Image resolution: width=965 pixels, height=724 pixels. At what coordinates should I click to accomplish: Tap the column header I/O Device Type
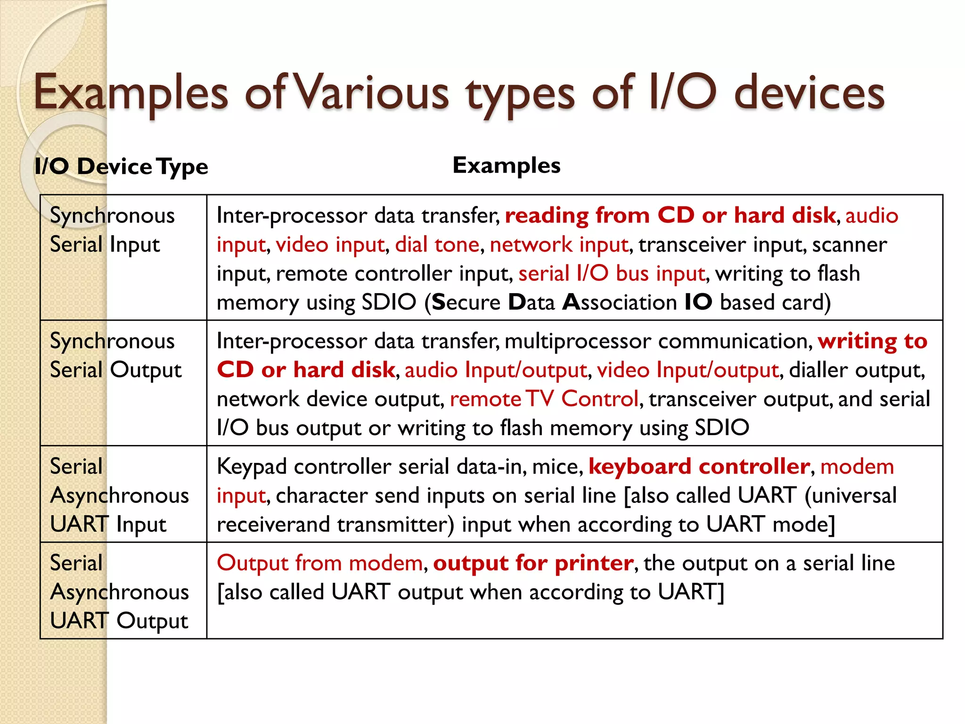tap(121, 166)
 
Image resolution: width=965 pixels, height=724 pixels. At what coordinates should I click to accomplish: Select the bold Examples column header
tap(507, 165)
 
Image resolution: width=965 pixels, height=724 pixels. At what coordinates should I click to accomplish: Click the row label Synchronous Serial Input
tap(112, 230)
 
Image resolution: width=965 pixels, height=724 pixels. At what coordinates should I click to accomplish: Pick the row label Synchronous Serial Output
tap(115, 355)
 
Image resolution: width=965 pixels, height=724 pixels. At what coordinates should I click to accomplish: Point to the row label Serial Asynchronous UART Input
tap(119, 495)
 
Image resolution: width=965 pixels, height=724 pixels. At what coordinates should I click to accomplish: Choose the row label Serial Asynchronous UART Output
tap(119, 592)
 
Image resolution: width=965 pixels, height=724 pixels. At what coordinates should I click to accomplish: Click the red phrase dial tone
tap(437, 245)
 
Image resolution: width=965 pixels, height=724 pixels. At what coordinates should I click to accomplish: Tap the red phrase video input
tap(330, 245)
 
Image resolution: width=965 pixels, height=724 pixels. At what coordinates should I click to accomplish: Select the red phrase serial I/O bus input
tap(612, 274)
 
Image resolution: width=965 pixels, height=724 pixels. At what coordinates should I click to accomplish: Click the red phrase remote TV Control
tap(544, 399)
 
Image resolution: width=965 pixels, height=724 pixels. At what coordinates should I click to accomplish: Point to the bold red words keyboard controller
tap(699, 467)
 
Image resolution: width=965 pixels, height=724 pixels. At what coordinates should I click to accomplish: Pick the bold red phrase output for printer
tap(533, 563)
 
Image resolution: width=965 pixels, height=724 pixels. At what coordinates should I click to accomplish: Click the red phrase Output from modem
tap(320, 563)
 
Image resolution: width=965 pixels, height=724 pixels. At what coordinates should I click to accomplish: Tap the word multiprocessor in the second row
tap(578, 341)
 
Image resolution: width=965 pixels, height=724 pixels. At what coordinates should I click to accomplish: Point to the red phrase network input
tap(559, 245)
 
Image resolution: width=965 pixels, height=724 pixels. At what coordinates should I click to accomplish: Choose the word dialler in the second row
tap(818, 370)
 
